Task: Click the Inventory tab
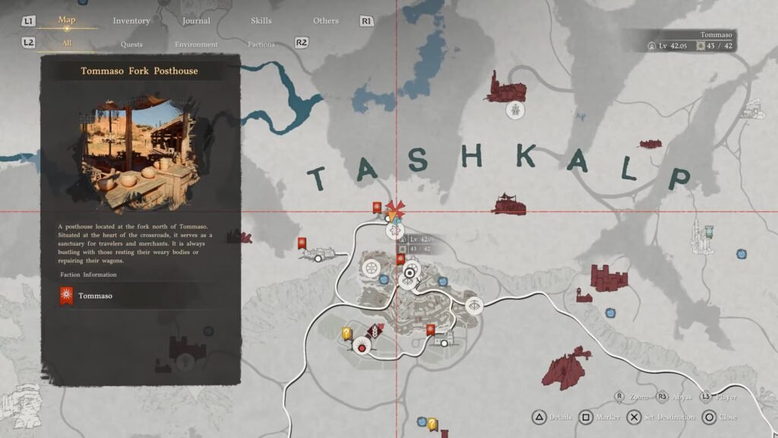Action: pyautogui.click(x=131, y=21)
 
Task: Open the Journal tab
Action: pyautogui.click(x=196, y=21)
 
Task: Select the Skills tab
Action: pyautogui.click(x=261, y=21)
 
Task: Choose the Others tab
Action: pyautogui.click(x=326, y=21)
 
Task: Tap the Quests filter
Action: pyautogui.click(x=131, y=44)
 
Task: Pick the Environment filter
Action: pyautogui.click(x=196, y=44)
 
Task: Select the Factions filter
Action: pyautogui.click(x=261, y=44)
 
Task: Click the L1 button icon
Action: pyautogui.click(x=28, y=21)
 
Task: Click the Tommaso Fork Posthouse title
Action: pyautogui.click(x=139, y=71)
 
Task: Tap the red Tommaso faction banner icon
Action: pyautogui.click(x=67, y=295)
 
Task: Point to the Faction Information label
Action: pyautogui.click(x=89, y=275)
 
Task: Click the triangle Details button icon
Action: pyautogui.click(x=538, y=417)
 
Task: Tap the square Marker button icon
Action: pyautogui.click(x=586, y=417)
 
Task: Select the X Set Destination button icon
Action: pyautogui.click(x=634, y=417)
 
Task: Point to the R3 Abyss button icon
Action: pyautogui.click(x=663, y=397)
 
